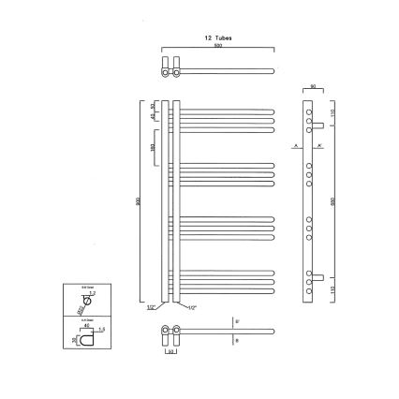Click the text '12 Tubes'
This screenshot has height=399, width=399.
[217, 37]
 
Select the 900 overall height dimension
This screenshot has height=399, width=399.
[138, 207]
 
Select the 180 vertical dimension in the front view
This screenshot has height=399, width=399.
[153, 147]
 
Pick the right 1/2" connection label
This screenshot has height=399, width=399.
[191, 307]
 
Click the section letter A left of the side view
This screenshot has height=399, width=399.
[293, 148]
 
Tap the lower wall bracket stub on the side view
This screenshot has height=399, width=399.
[320, 277]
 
